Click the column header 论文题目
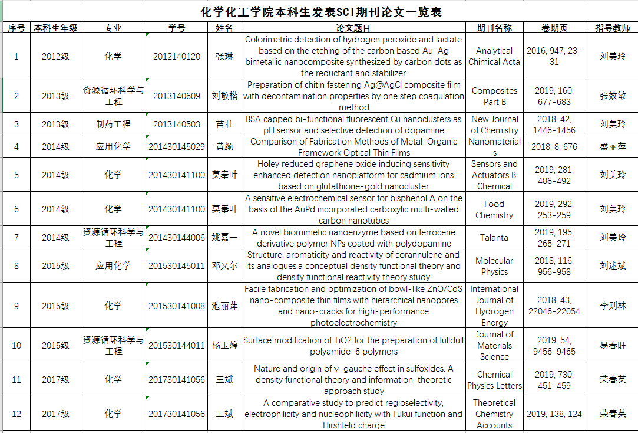(353, 28)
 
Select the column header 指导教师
(612, 28)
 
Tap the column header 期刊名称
(494, 28)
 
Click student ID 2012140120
(177, 57)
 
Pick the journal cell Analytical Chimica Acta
(494, 57)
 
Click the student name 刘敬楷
(224, 96)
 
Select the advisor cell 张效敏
(612, 96)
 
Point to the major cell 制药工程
(113, 124)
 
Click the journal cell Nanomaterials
(494, 147)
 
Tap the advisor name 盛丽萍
(612, 147)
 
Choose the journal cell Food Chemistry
(494, 209)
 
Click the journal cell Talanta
(494, 238)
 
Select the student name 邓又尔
(224, 266)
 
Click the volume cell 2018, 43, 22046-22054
(554, 306)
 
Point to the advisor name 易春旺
(612, 346)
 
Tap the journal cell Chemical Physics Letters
(494, 380)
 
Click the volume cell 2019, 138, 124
(554, 414)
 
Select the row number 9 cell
(16, 306)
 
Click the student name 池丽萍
(224, 306)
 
